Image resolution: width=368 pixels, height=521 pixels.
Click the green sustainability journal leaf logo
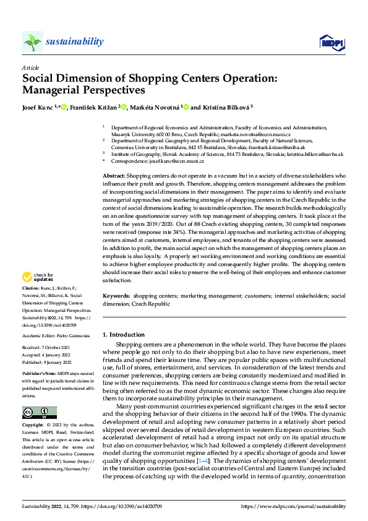pos(32,41)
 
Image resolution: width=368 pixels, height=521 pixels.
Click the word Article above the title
pos(30,68)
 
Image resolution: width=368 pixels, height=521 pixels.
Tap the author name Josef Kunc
pos(38,107)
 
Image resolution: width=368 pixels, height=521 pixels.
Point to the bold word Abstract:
pos(114,176)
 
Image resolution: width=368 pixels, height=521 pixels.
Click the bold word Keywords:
pos(116,296)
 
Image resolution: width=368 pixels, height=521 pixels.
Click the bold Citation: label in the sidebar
pos(31,288)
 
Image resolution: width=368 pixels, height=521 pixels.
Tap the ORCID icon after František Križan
pos(124,107)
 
